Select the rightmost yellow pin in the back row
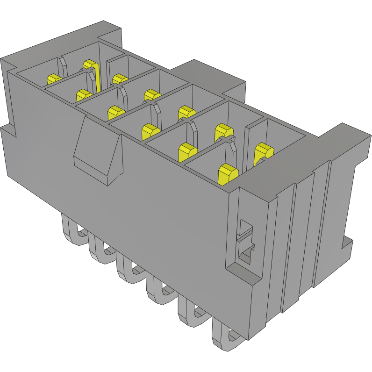tap(263, 153)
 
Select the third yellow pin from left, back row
tap(151, 94)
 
